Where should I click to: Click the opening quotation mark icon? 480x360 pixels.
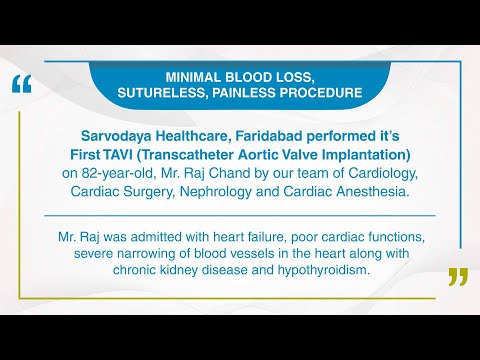pos(21,83)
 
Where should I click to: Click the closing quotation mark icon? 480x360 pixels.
pos(458,276)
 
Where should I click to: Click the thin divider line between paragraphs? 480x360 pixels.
pos(240,214)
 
